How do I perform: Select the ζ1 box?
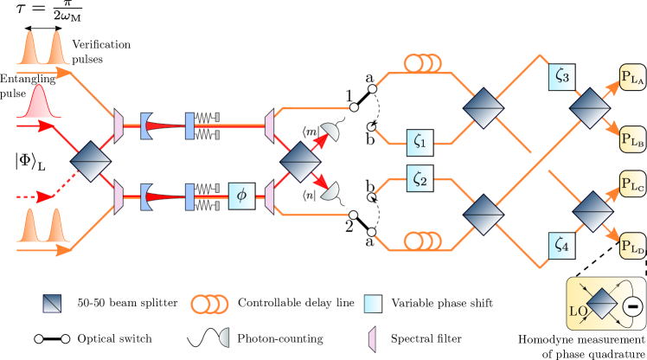(x=420, y=139)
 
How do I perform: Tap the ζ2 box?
(x=420, y=179)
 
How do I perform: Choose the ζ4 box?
(x=561, y=246)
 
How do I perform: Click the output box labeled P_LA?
(x=632, y=77)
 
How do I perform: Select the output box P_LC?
(x=632, y=184)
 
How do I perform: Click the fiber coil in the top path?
(x=423, y=64)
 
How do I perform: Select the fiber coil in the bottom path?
(x=423, y=239)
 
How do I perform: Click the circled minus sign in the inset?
(x=632, y=305)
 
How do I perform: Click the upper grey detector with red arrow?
(x=330, y=132)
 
